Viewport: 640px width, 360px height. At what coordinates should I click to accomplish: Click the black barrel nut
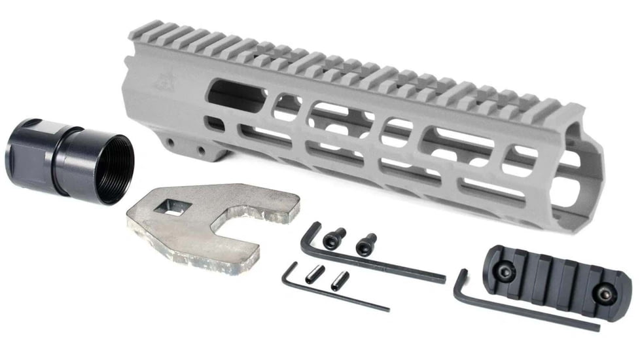[x=69, y=159]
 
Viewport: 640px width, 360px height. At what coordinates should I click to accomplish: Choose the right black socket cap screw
[x=366, y=243]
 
